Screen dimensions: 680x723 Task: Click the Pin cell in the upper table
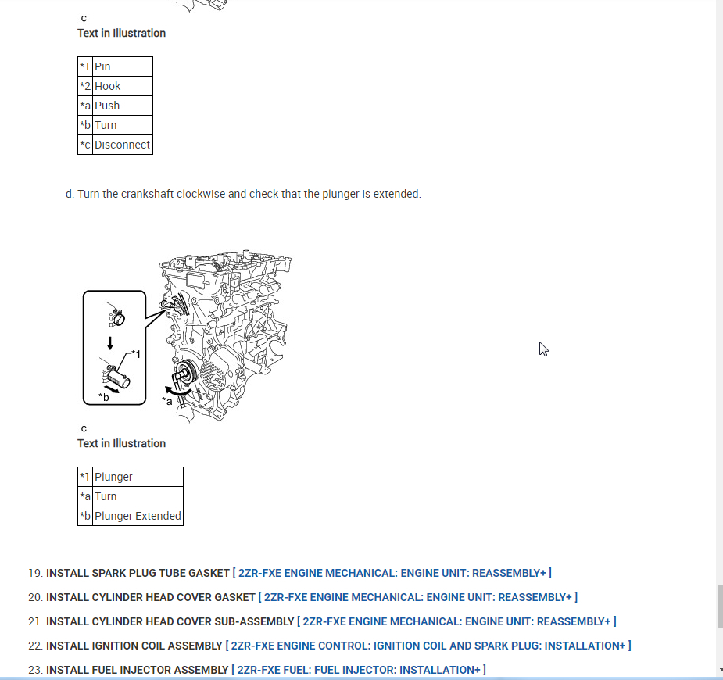pyautogui.click(x=122, y=66)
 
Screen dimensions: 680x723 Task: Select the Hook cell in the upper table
pyautogui.click(x=122, y=86)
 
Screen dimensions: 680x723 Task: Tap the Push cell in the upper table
pyautogui.click(x=122, y=106)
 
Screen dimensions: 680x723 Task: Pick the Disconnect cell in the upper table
pyautogui.click(x=122, y=145)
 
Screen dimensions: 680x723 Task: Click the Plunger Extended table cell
pyautogui.click(x=138, y=516)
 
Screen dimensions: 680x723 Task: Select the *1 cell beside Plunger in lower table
pyautogui.click(x=85, y=477)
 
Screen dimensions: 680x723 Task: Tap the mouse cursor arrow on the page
pyautogui.click(x=543, y=349)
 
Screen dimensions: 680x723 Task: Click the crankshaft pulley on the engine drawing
pyautogui.click(x=185, y=374)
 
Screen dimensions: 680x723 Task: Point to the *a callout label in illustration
pyautogui.click(x=167, y=401)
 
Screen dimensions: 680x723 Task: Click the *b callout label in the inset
pyautogui.click(x=104, y=397)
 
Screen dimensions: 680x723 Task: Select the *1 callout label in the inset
pyautogui.click(x=136, y=355)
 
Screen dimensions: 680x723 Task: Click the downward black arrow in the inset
pyautogui.click(x=111, y=342)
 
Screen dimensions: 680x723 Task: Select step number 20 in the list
pyautogui.click(x=34, y=597)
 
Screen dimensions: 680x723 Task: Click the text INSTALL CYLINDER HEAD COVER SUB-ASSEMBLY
pyautogui.click(x=170, y=621)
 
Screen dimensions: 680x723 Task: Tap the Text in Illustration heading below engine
pyautogui.click(x=121, y=443)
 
